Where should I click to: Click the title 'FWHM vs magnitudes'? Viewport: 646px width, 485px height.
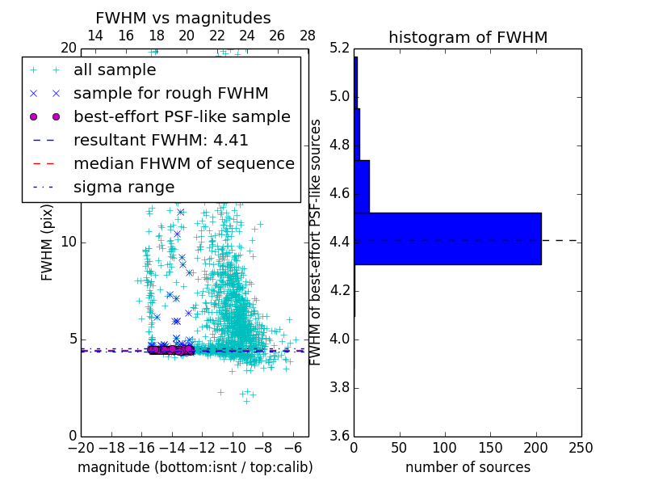[182, 18]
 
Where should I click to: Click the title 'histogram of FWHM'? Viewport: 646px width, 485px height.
[468, 37]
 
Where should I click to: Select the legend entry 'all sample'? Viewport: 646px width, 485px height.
[115, 70]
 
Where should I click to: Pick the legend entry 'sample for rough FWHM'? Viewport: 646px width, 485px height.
[170, 93]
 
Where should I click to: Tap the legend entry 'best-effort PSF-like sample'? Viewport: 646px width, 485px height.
[182, 116]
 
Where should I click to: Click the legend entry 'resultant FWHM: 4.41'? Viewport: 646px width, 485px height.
[161, 140]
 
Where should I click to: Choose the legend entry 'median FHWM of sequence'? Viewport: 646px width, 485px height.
[183, 163]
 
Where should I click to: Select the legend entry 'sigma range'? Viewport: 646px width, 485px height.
[124, 187]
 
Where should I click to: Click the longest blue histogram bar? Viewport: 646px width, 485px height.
[447, 238]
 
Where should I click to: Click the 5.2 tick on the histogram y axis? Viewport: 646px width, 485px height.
[340, 48]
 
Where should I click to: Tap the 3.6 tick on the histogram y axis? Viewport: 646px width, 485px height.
[340, 436]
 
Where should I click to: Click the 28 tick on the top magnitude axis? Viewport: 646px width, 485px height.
[308, 36]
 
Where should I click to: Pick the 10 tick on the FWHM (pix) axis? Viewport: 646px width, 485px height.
[69, 242]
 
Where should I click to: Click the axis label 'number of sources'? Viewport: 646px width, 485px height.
[468, 467]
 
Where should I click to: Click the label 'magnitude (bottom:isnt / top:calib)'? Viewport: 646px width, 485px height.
[195, 467]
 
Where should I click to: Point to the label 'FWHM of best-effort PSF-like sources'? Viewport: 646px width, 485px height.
[316, 242]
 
